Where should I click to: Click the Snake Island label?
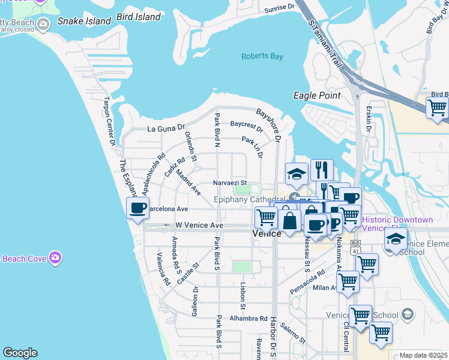point(84,21)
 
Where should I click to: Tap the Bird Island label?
point(139,17)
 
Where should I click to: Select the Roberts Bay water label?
point(262,56)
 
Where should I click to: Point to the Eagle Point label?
point(317,95)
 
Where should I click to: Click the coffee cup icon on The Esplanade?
point(138,208)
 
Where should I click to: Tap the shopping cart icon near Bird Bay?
point(437,109)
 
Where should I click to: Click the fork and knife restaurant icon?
point(322,170)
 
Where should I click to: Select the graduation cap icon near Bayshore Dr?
point(297,174)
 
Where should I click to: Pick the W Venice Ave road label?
point(199,225)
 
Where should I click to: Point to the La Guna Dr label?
point(163,128)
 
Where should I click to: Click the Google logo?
point(20,353)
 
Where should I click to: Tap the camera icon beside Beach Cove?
point(55,257)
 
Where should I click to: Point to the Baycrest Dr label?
point(247,127)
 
